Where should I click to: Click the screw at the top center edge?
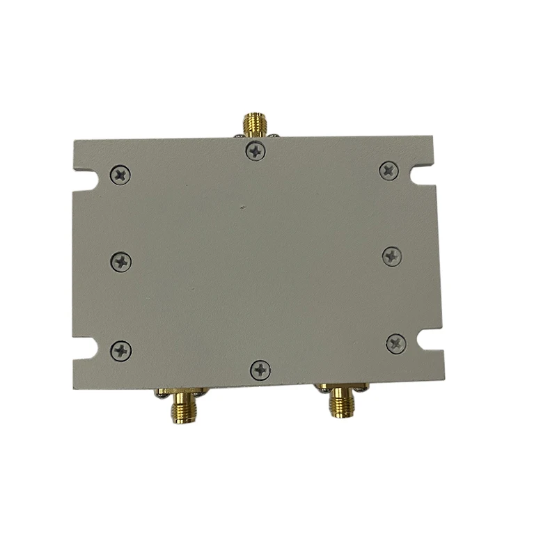pos(256,150)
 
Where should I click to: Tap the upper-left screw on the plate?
pos(120,174)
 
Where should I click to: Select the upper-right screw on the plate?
pos(389,170)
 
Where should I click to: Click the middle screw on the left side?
pos(121,262)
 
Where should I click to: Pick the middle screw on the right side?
pos(392,256)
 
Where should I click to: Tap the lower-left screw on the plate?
pos(121,350)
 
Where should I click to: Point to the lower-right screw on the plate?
pos(396,343)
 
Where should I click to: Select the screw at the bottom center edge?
pos(260,370)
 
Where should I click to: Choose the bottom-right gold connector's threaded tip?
pos(341,407)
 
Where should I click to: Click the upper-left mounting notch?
pos(84,180)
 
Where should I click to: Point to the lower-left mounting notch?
pos(84,347)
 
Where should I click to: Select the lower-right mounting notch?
pos(432,339)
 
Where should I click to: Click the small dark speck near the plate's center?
pos(242,206)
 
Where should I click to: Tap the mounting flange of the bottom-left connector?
pos(179,391)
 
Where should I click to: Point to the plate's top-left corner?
pos(74,142)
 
